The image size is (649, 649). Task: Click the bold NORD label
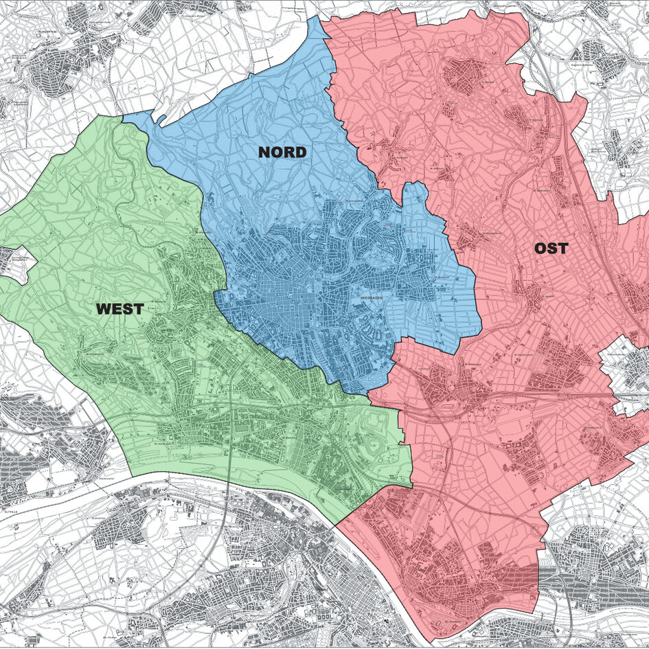tap(282, 152)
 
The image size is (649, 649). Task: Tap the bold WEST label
tap(120, 309)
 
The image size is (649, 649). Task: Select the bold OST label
tap(551, 249)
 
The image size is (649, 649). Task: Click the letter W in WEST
tap(104, 309)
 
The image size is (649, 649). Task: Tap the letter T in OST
tap(563, 249)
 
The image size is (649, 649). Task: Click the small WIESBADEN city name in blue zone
tap(375, 299)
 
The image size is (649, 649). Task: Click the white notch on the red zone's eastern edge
tap(622, 357)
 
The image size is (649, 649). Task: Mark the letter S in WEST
tap(128, 309)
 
